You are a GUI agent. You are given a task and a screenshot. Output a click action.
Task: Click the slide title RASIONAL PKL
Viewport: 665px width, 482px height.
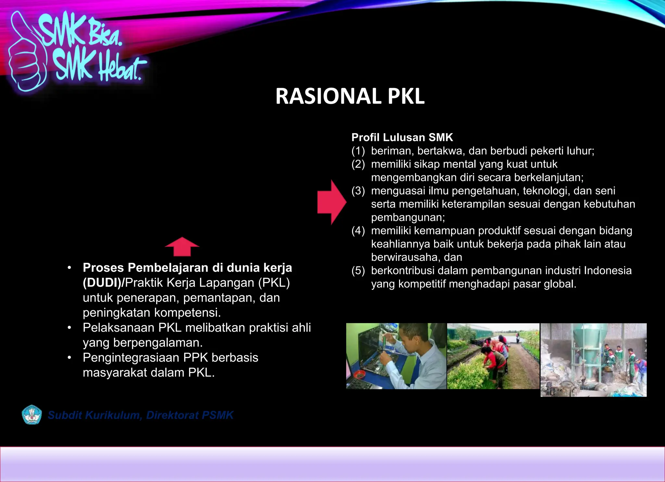click(x=350, y=96)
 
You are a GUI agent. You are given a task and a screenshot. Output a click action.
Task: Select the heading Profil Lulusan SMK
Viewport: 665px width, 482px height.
click(x=402, y=137)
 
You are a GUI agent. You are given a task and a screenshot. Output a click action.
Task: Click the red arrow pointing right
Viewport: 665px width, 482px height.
click(x=332, y=202)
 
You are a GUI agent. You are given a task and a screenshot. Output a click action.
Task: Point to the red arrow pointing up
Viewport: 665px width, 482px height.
click(x=182, y=247)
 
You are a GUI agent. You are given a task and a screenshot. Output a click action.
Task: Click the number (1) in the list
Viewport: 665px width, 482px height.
click(x=358, y=151)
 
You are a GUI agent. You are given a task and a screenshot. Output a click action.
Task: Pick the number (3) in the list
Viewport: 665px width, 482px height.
click(x=358, y=191)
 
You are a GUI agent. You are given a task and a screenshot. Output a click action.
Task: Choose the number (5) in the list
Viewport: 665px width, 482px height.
click(x=358, y=271)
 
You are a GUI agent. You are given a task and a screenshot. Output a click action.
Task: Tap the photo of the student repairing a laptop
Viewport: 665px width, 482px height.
click(x=396, y=356)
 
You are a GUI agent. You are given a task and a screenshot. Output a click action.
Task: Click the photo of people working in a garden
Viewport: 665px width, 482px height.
click(x=493, y=356)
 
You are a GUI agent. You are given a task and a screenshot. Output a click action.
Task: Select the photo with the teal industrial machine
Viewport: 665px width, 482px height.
click(x=593, y=360)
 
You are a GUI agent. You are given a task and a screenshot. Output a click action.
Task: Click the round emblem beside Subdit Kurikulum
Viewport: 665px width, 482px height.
click(x=31, y=415)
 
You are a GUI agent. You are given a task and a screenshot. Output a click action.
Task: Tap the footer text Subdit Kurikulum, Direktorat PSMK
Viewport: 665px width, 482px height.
click(x=141, y=415)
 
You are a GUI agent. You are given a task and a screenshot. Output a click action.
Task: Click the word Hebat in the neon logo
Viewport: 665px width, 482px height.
click(x=120, y=68)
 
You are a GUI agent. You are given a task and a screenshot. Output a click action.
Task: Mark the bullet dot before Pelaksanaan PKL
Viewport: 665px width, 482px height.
click(x=69, y=328)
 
